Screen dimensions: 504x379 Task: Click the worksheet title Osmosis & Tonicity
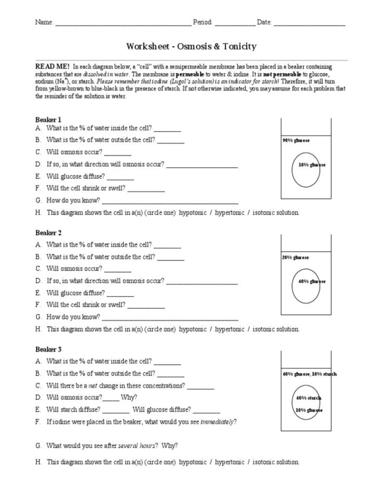[191, 47]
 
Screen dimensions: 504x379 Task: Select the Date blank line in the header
[309, 24]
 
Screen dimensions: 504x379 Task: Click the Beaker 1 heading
[48, 120]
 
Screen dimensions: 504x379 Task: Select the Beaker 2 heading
[48, 232]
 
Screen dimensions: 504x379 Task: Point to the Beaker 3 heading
[48, 349]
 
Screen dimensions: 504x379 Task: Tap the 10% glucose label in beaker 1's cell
[311, 165]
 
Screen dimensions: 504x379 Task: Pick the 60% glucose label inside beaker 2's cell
[311, 281]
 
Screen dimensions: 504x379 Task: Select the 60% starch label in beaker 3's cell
[309, 398]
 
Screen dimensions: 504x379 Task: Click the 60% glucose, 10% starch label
[309, 374]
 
